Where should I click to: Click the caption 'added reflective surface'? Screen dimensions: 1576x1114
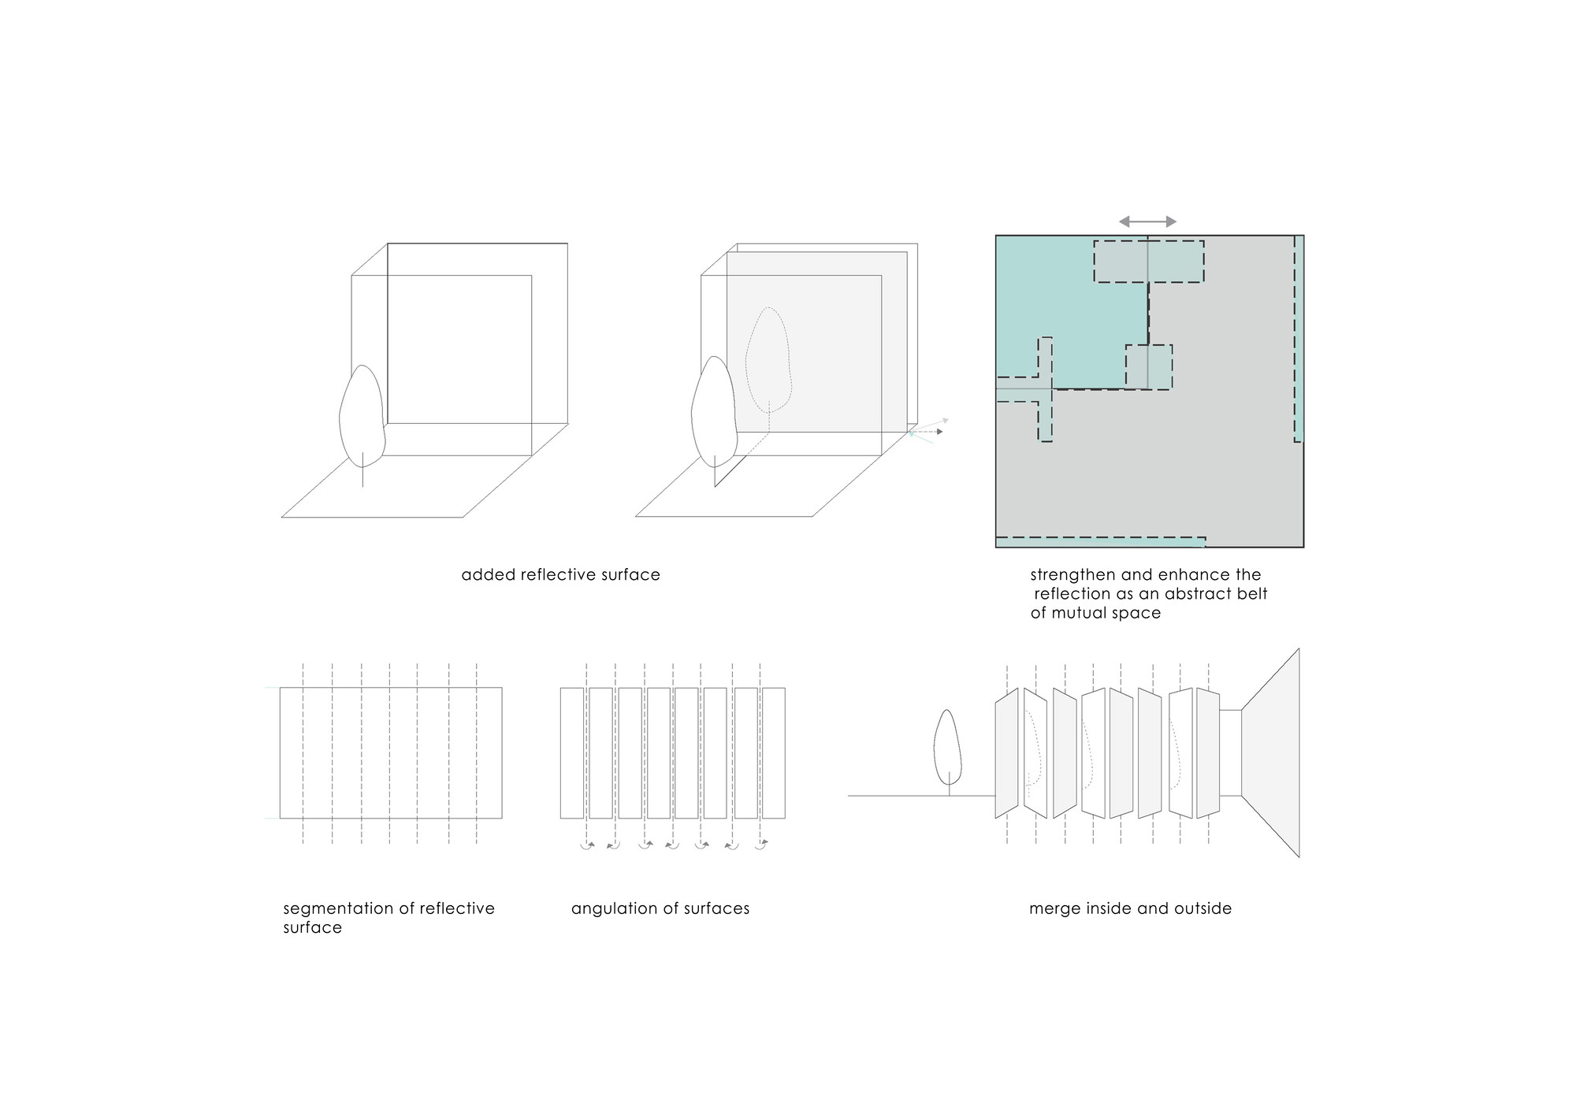click(560, 575)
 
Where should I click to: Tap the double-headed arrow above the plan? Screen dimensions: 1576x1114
click(1148, 222)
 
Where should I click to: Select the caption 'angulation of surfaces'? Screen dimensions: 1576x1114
click(660, 908)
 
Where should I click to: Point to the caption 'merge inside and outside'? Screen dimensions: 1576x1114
click(1130, 908)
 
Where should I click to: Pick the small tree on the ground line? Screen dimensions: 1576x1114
click(948, 752)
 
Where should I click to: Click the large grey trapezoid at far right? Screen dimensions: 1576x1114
click(1270, 752)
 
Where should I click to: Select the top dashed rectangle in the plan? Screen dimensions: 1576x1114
click(1149, 262)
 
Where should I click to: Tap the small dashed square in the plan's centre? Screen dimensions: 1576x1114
click(1149, 366)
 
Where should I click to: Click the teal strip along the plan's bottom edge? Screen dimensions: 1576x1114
click(1101, 542)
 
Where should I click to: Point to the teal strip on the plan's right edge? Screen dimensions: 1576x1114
click(1299, 339)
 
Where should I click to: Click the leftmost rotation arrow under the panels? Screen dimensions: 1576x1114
click(587, 845)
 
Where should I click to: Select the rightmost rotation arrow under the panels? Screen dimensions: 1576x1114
click(760, 845)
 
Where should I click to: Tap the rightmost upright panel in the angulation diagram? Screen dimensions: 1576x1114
click(774, 752)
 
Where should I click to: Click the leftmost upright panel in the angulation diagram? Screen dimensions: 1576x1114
click(572, 752)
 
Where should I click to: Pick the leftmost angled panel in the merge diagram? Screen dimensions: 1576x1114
click(1007, 752)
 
